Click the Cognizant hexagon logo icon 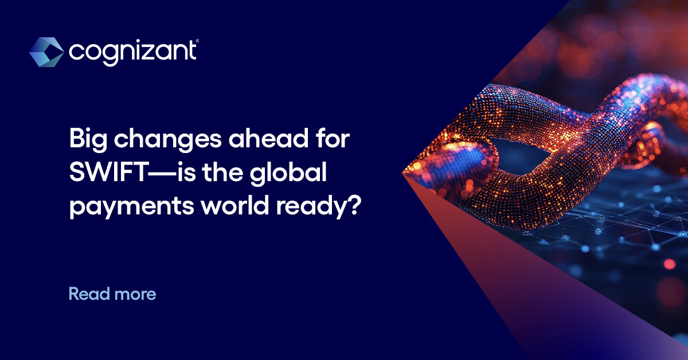(46, 52)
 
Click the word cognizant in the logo (132, 52)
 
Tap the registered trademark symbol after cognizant (198, 41)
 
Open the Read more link (112, 295)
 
